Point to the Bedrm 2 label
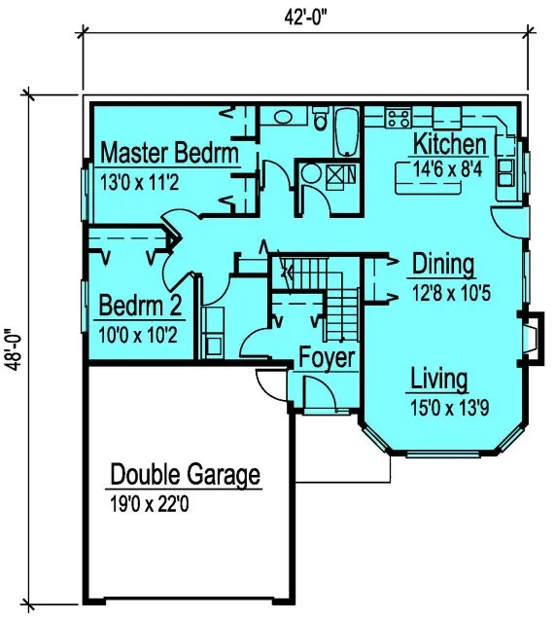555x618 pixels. (141, 308)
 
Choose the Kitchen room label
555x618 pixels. (449, 145)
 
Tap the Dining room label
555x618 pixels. (443, 265)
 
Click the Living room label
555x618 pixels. (438, 379)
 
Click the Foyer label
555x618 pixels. (327, 357)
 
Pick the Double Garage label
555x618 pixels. (185, 476)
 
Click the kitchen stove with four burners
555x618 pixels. (398, 119)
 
